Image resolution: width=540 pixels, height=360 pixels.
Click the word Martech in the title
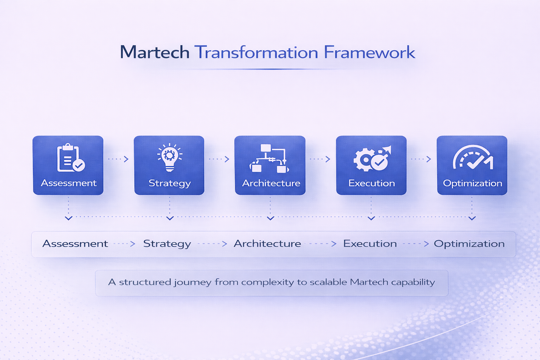click(x=155, y=52)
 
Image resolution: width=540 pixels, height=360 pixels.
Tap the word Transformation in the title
click(x=256, y=52)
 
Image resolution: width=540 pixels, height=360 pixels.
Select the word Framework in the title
click(x=369, y=52)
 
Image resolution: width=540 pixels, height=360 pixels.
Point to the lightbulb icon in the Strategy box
click(x=170, y=157)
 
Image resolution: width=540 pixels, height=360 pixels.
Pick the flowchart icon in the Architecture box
click(x=269, y=159)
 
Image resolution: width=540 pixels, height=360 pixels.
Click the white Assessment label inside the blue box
click(x=69, y=183)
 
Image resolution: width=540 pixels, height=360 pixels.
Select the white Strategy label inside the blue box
click(x=170, y=184)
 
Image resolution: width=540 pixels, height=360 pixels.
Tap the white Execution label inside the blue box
click(x=372, y=183)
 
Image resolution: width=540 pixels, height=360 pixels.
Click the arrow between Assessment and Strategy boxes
click(x=118, y=159)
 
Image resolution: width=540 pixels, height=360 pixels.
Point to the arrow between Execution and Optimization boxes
click(x=421, y=159)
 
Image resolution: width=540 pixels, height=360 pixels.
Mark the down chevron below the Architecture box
click(x=270, y=218)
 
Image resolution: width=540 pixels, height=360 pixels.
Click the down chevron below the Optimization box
click(x=472, y=218)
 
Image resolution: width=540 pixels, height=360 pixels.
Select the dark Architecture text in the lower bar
click(x=267, y=244)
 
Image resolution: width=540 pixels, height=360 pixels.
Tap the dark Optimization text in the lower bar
click(x=469, y=244)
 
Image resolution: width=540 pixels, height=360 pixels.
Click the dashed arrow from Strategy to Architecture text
click(x=212, y=244)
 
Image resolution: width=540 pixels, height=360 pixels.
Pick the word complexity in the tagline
click(x=268, y=282)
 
